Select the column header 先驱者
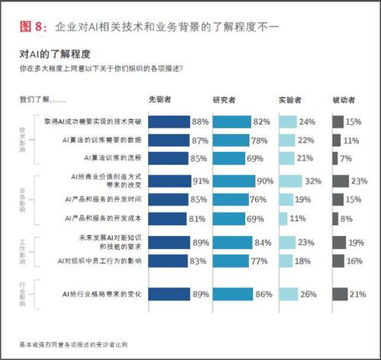(x=160, y=100)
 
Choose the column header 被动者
(x=345, y=100)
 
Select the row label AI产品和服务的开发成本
(x=102, y=218)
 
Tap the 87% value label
(x=200, y=140)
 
